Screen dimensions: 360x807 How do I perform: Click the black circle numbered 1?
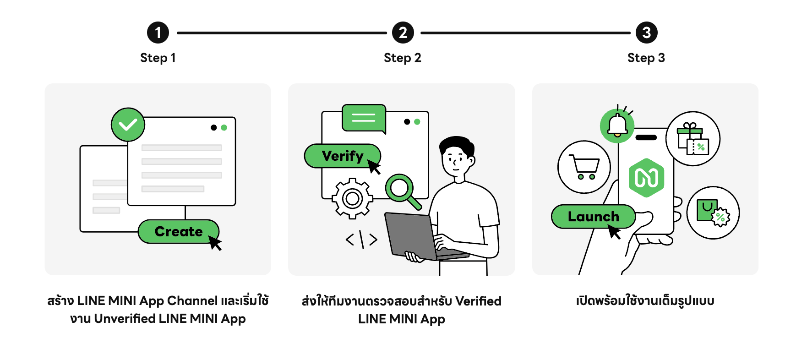coord(158,33)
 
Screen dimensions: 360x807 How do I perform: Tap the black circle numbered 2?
coord(403,33)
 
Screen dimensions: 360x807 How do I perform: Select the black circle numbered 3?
coord(646,33)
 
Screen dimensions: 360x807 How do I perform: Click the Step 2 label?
coord(402,58)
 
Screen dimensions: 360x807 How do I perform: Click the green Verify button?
coord(341,156)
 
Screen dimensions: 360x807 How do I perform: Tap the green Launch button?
coord(593,217)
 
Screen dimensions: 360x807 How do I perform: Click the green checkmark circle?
coord(128,125)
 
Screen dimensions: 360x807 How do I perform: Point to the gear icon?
coord(352,198)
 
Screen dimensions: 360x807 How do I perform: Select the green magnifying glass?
coord(401,188)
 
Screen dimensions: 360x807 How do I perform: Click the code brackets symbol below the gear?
coord(361,240)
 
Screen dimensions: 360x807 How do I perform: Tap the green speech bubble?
coord(364,118)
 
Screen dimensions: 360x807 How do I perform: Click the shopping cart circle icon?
coord(584,167)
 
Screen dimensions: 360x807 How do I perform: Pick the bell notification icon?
coord(617,125)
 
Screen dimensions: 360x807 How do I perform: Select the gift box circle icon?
coord(692,139)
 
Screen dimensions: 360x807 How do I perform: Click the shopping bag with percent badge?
coord(713,213)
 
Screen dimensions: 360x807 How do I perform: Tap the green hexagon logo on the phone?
coord(646,178)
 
